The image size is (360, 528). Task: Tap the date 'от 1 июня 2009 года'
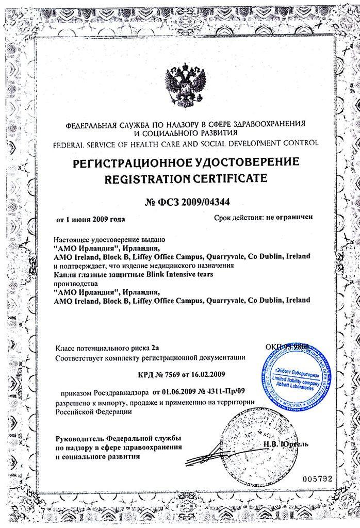pyautogui.click(x=91, y=219)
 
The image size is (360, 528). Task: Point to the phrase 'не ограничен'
pyautogui.click(x=290, y=218)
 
